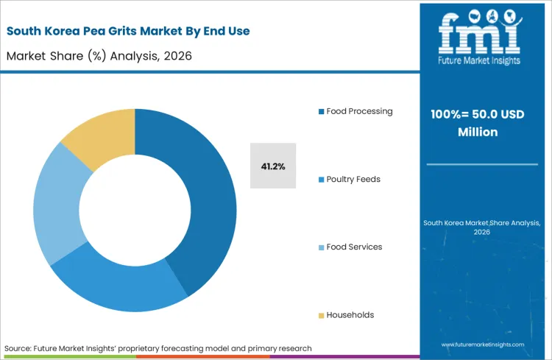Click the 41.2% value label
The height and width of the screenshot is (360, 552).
273,166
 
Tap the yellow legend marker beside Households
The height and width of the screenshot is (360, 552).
321,315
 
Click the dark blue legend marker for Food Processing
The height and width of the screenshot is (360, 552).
321,112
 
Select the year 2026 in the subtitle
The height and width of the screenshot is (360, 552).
177,57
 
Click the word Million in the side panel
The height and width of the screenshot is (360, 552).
478,133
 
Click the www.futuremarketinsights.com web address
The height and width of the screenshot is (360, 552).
483,345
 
